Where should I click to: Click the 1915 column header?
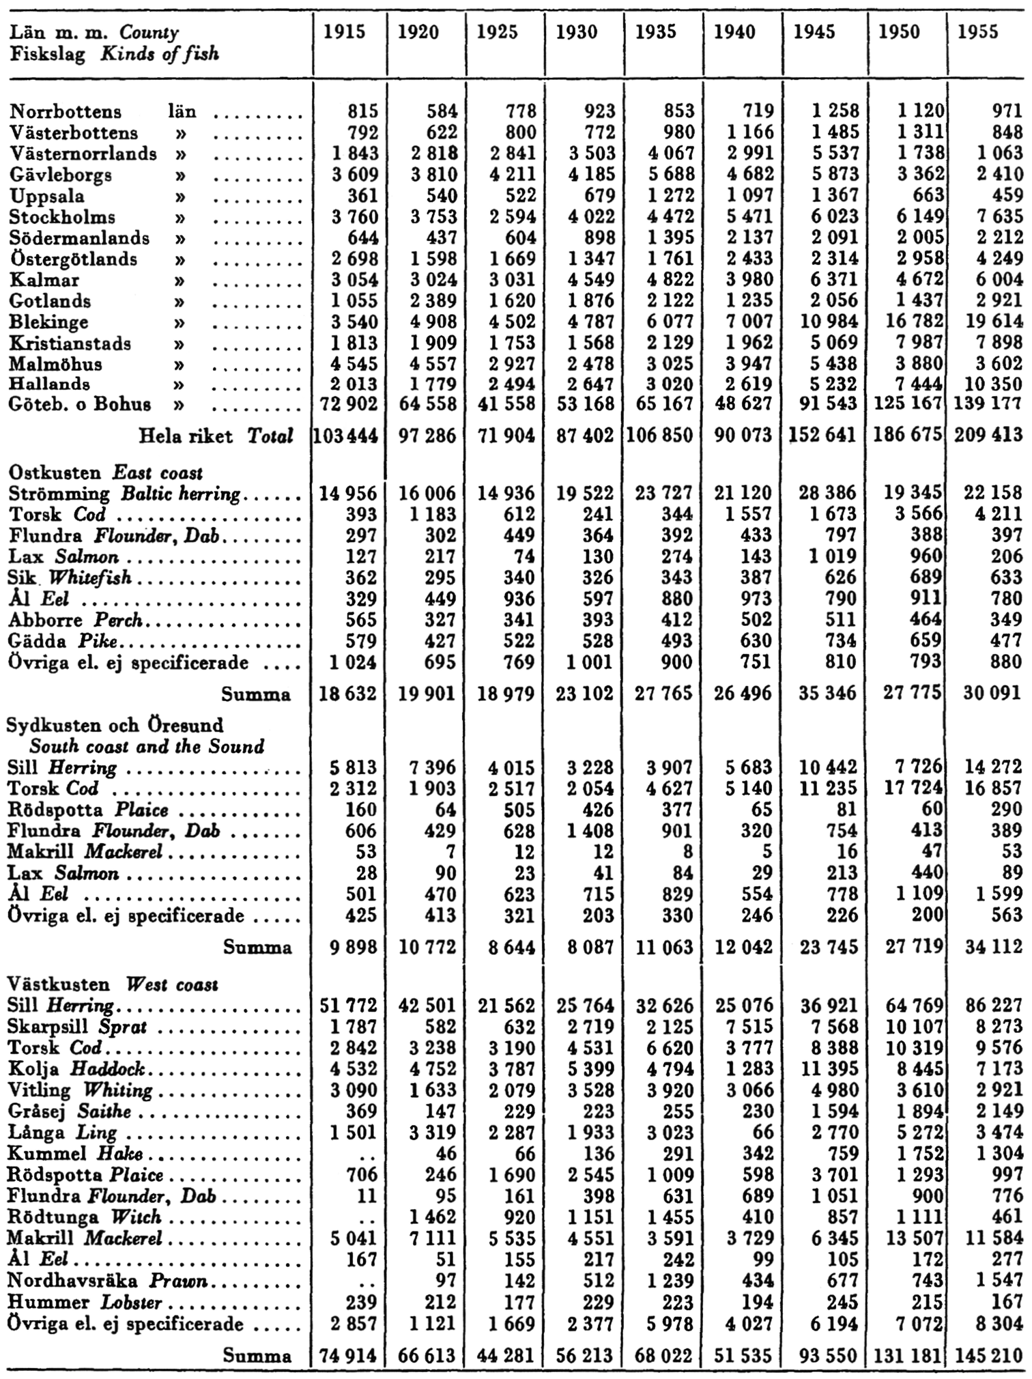click(345, 32)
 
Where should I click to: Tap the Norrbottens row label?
click(66, 111)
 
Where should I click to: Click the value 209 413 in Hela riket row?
click(988, 434)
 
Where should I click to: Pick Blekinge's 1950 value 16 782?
click(908, 322)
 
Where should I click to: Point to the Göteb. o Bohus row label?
click(80, 404)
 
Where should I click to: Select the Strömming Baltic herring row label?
click(124, 493)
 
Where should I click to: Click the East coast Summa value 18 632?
click(347, 694)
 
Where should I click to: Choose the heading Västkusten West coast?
click(112, 984)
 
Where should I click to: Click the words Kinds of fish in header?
click(160, 53)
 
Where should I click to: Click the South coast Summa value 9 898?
click(352, 947)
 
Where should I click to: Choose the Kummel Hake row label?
click(74, 1154)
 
